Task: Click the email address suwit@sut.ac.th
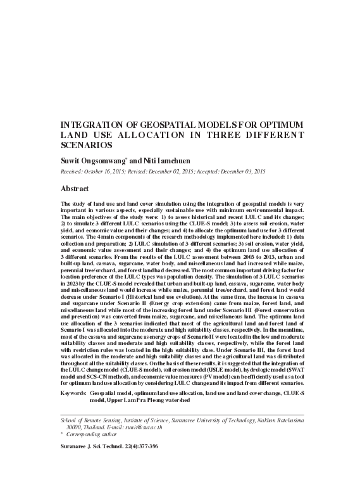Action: coord(153,427)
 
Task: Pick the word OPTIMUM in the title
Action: coord(280,124)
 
